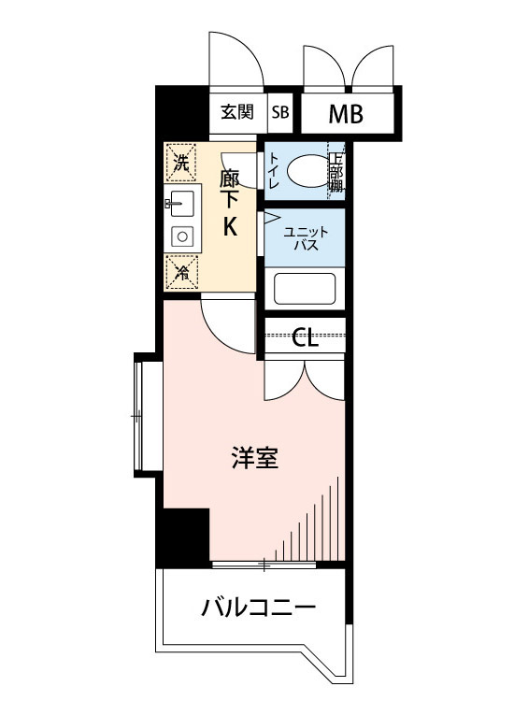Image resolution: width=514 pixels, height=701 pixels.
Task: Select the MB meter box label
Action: [x=346, y=114]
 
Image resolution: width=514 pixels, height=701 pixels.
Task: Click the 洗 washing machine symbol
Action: [x=180, y=161]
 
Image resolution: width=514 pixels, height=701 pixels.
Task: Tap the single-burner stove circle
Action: [x=182, y=236]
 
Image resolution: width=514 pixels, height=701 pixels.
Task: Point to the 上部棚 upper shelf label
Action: [x=336, y=171]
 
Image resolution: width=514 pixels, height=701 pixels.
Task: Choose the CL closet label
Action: [x=305, y=337]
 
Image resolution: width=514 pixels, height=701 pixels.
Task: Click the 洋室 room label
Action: [x=254, y=459]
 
